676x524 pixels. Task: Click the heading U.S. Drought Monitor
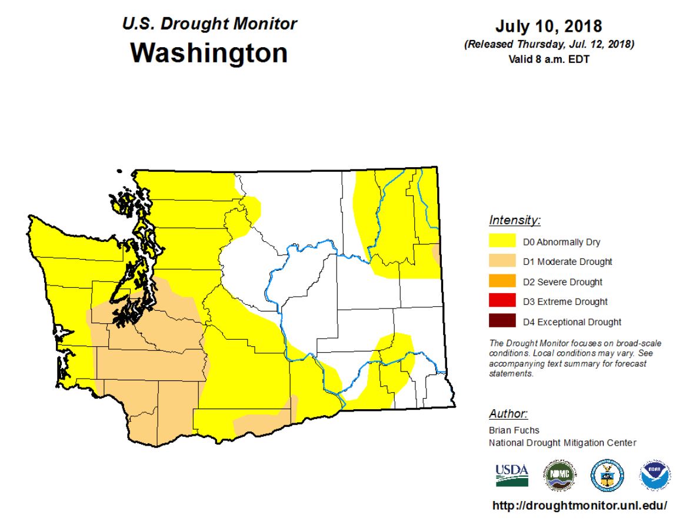tap(209, 24)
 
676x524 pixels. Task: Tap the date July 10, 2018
tap(548, 26)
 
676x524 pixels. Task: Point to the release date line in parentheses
tap(549, 45)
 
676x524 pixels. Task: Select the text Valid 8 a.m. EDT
tap(549, 59)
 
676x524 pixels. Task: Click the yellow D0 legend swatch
tap(502, 241)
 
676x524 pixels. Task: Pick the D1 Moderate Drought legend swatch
tap(502, 261)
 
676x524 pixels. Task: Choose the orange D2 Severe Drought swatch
tap(502, 281)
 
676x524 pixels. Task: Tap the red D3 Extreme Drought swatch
tap(502, 301)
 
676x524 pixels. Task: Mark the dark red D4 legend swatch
tap(502, 321)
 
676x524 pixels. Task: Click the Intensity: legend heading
tap(514, 221)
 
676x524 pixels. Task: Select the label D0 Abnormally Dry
tap(561, 241)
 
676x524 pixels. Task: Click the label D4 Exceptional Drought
tap(572, 322)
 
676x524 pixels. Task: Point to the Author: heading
tap(508, 413)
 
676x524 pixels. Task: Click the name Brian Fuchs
tap(513, 430)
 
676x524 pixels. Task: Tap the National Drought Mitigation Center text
tap(562, 443)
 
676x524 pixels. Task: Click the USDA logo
tap(512, 475)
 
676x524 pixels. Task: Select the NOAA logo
tap(655, 475)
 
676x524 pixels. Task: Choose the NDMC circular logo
tap(560, 475)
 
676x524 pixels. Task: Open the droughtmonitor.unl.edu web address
tap(579, 506)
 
